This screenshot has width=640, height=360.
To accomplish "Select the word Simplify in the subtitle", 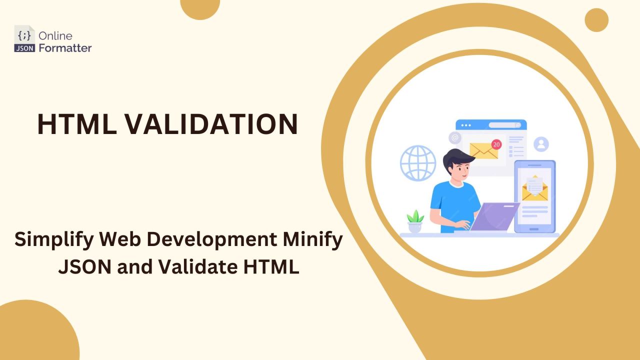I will (x=53, y=240).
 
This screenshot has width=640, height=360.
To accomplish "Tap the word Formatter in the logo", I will (x=65, y=48).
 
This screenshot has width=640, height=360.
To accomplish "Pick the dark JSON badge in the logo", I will (x=24, y=48).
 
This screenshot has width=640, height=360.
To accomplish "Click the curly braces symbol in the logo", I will (x=24, y=35).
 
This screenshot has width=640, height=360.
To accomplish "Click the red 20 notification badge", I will (x=496, y=144).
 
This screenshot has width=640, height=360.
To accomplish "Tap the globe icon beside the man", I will (x=418, y=163).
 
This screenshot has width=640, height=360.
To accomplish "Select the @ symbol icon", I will (x=454, y=137).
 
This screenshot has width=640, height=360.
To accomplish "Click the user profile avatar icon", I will (x=541, y=144).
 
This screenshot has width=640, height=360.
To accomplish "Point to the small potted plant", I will (x=415, y=222).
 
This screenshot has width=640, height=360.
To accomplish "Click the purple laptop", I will (x=495, y=216).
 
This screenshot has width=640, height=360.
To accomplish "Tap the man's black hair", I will (x=458, y=158).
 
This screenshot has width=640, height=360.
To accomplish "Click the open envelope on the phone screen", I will (x=535, y=188).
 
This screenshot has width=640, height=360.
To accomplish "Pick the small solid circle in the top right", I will (x=596, y=20).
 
